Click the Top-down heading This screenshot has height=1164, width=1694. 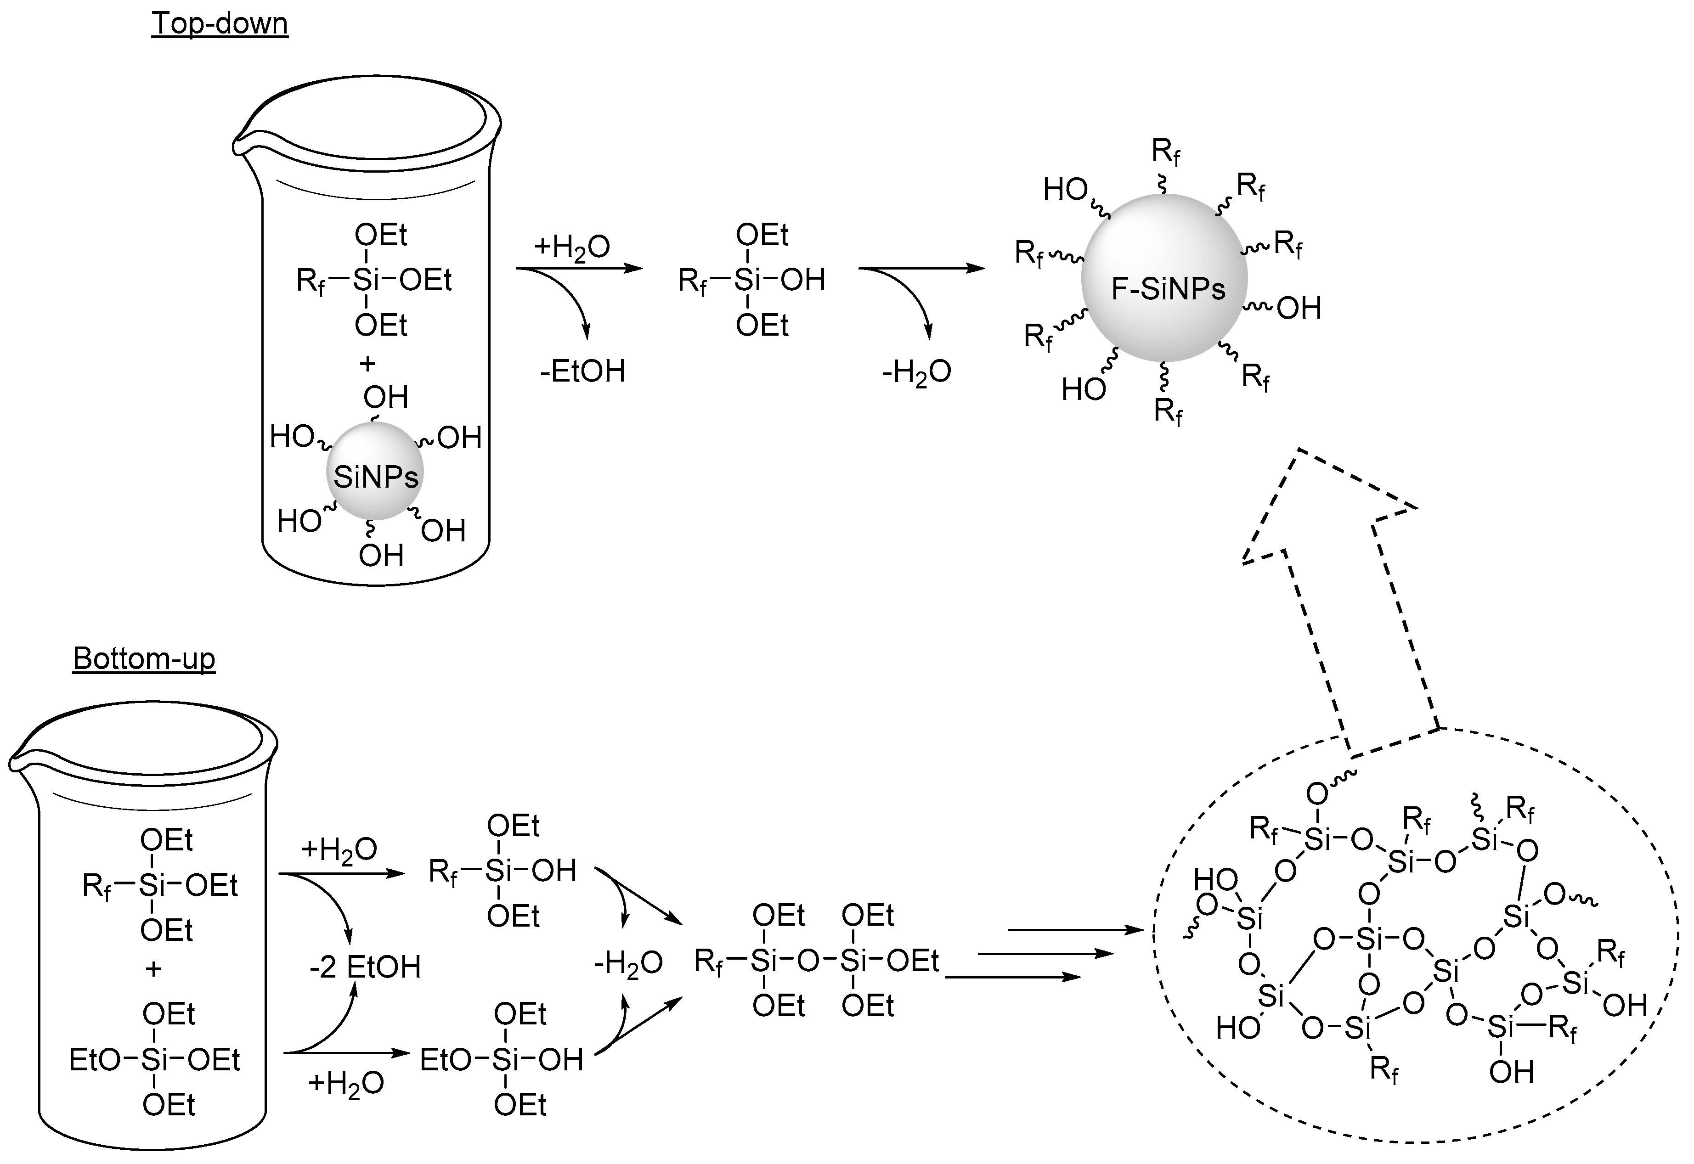[220, 23]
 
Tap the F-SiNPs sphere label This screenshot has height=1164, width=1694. [1168, 290]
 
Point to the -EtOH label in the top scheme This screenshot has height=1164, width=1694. [582, 371]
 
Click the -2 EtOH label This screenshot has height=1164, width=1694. [365, 967]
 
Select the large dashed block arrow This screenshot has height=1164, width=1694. [1335, 584]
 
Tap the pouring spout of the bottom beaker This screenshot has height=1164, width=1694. [16, 763]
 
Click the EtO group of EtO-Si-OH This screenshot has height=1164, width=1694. [445, 1060]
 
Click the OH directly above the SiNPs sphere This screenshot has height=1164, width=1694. [385, 398]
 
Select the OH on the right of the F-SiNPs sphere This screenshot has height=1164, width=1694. [1299, 309]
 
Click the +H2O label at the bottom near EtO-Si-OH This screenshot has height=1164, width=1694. [345, 1084]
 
